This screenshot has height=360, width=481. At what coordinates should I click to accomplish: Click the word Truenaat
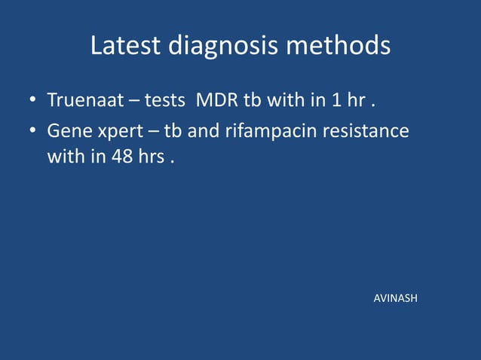coord(81,100)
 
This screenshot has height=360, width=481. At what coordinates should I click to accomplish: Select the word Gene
coord(66,131)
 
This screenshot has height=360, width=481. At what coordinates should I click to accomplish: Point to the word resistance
coord(369,131)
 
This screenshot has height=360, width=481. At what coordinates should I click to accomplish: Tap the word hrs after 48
coord(150,159)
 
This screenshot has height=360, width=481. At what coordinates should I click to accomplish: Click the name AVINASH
coord(396,299)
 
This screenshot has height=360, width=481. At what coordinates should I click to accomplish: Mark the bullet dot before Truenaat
coord(33,101)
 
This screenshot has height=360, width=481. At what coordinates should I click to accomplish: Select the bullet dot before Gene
coord(33,132)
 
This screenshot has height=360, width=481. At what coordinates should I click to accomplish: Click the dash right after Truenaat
coord(125,101)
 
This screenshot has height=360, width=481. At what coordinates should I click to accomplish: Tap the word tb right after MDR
coord(251,100)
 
